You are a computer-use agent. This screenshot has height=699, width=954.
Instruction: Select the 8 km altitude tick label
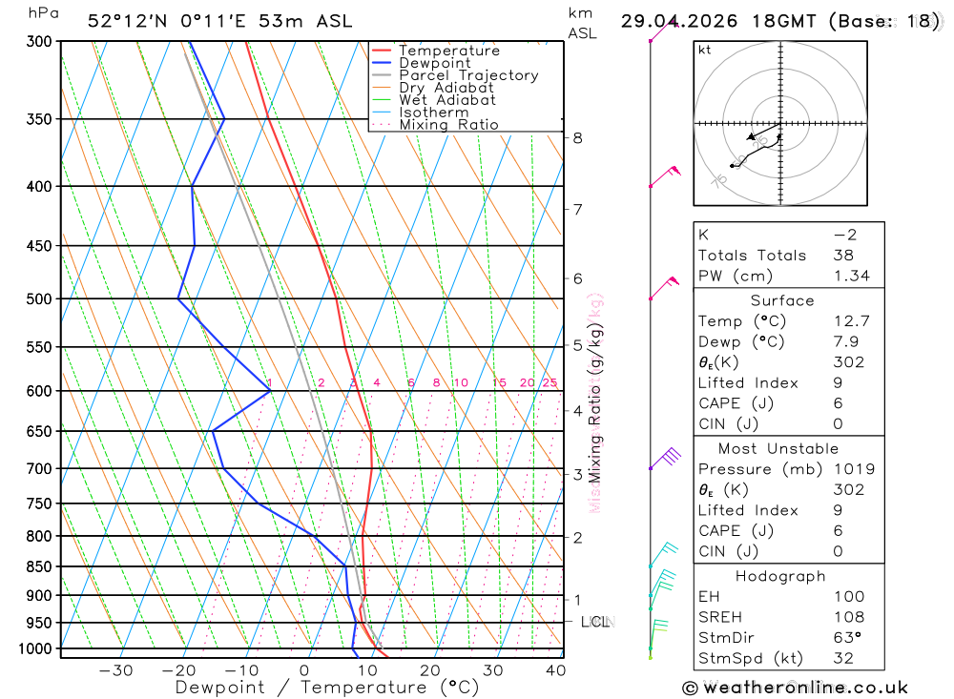[x=577, y=137]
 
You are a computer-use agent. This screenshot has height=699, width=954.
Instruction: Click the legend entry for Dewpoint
[x=434, y=63]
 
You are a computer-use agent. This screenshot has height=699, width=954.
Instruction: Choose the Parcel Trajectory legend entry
[x=467, y=75]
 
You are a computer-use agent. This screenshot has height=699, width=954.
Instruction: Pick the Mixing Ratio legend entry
[x=447, y=125]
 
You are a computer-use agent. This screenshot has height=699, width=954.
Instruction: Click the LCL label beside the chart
[x=596, y=623]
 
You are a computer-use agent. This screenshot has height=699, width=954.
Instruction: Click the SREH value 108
[x=847, y=618]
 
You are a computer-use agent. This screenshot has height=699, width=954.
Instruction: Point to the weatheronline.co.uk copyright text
[x=795, y=688]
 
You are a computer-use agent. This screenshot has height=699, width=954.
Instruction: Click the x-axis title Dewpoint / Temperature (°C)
[x=327, y=687]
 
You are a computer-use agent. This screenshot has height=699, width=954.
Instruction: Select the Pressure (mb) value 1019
[x=848, y=469]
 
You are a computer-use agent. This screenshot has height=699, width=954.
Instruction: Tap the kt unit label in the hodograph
[x=705, y=50]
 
